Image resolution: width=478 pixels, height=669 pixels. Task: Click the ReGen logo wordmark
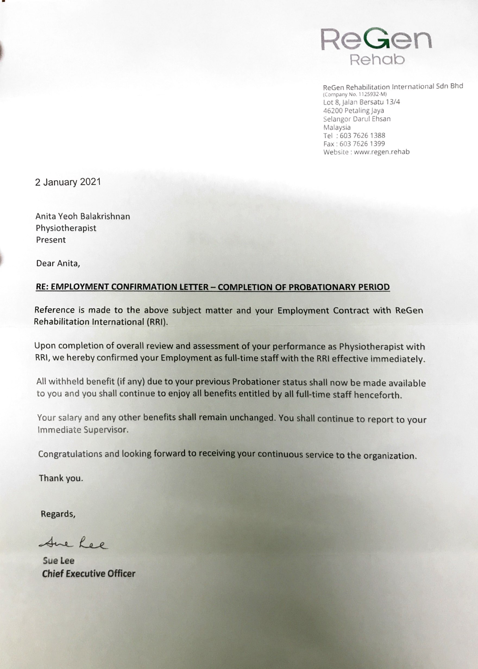(376, 39)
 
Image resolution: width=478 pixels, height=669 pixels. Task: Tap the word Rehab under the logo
(377, 60)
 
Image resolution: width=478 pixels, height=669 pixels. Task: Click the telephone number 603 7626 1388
(362, 136)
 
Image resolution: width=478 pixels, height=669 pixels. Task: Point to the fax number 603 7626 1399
(362, 144)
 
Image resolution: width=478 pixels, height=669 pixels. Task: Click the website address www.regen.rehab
(382, 152)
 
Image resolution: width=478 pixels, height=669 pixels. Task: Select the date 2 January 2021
(68, 182)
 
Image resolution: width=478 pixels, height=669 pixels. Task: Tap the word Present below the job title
(51, 240)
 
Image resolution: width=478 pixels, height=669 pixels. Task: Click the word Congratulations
(70, 454)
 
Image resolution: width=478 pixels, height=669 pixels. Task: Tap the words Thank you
(61, 478)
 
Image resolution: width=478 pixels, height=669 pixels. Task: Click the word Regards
(58, 514)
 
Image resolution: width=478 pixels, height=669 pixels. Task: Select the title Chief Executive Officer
(89, 574)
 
